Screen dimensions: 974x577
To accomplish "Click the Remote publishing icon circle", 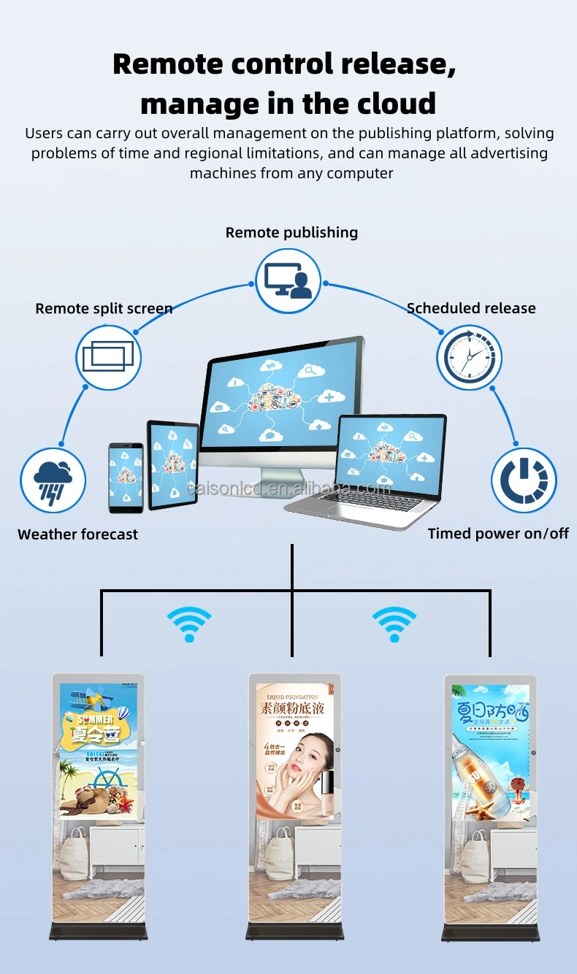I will (x=288, y=280).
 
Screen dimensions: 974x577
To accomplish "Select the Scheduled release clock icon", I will (x=470, y=357).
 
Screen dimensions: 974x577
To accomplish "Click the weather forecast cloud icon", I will (x=53, y=480).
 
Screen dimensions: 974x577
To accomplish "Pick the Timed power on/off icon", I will (x=524, y=480).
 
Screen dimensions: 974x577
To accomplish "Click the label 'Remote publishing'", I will (x=291, y=232).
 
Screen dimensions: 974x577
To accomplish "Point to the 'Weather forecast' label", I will (x=77, y=534).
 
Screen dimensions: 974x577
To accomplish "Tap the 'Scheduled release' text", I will (x=471, y=308).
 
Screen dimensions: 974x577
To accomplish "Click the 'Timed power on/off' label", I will (x=498, y=534).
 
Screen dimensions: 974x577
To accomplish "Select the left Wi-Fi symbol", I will (x=189, y=625).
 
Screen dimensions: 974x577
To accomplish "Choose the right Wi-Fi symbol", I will (x=394, y=625).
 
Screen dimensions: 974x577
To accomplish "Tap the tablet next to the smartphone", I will (x=173, y=465).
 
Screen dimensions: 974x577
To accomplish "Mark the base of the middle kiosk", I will (x=294, y=932).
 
